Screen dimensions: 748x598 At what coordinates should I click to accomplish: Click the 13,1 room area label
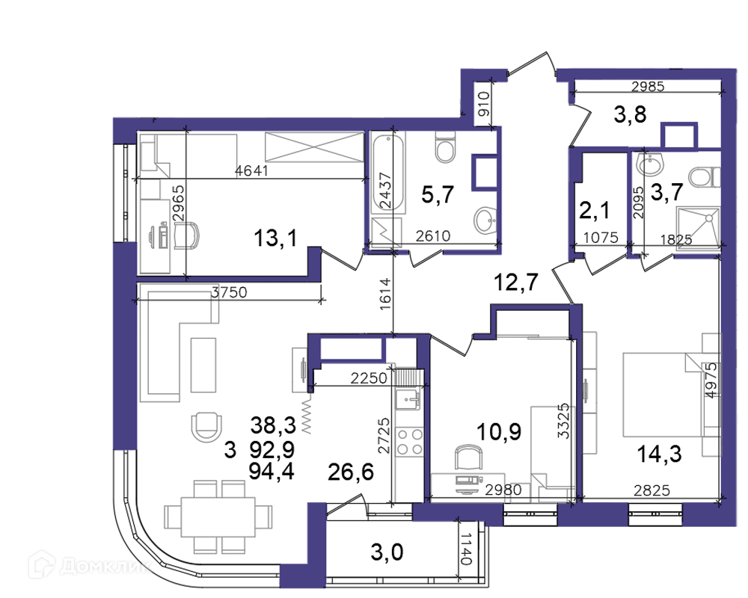(276, 238)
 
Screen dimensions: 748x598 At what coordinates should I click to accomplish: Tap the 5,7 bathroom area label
(438, 194)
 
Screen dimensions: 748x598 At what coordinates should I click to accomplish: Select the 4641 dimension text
(252, 170)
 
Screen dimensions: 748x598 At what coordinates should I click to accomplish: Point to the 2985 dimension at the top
(648, 86)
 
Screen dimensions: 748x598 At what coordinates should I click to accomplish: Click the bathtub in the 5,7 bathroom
(388, 173)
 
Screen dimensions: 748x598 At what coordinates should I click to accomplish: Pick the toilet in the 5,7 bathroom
(446, 147)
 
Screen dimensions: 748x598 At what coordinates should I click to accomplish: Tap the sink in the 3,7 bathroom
(649, 165)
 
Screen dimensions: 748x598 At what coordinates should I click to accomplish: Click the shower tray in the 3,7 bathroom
(698, 226)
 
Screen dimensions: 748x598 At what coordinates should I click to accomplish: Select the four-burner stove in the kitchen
(410, 442)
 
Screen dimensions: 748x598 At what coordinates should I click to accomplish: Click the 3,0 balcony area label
(387, 552)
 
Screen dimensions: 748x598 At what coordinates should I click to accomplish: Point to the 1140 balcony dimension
(466, 550)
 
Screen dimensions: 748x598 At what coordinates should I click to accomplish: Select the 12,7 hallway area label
(516, 283)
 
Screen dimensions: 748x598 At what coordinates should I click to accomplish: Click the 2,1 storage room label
(595, 210)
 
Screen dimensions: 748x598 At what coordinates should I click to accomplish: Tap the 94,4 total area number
(272, 472)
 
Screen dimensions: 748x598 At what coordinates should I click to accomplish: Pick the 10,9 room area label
(499, 432)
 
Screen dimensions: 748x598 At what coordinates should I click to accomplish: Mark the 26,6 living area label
(351, 472)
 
